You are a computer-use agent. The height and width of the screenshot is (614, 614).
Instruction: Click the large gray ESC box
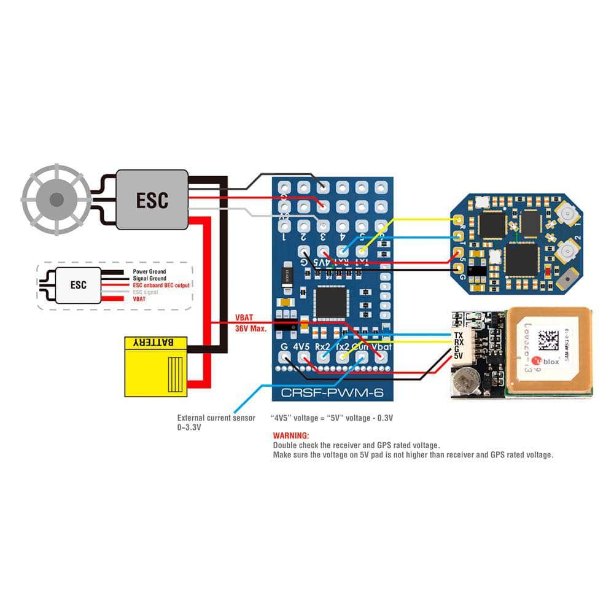(x=152, y=200)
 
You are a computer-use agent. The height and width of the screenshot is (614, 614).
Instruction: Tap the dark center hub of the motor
(x=56, y=200)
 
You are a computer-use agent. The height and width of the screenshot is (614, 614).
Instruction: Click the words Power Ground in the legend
(x=149, y=271)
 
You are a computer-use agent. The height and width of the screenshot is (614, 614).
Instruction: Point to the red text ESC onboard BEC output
(x=161, y=286)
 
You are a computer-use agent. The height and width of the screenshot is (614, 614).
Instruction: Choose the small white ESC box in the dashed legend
(x=79, y=285)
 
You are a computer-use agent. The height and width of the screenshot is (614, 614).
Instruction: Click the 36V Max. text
(x=250, y=328)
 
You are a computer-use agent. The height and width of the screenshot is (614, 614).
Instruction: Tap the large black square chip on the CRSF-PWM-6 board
(x=332, y=302)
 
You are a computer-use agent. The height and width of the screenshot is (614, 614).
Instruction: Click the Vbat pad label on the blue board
(x=381, y=347)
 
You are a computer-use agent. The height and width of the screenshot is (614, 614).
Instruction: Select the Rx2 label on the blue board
(x=322, y=347)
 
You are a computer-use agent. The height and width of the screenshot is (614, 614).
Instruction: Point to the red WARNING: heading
(x=291, y=435)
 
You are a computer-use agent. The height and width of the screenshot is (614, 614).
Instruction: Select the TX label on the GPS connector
(x=458, y=335)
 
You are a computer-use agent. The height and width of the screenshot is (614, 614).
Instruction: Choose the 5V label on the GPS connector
(x=458, y=356)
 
